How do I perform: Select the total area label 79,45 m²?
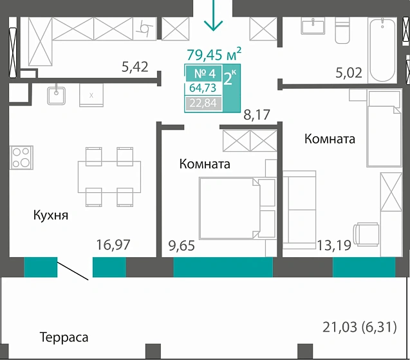tap(214, 54)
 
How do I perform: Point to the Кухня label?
tap(51, 215)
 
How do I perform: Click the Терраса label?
tap(64, 337)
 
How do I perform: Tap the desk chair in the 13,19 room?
tap(366, 234)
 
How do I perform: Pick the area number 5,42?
tap(135, 65)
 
